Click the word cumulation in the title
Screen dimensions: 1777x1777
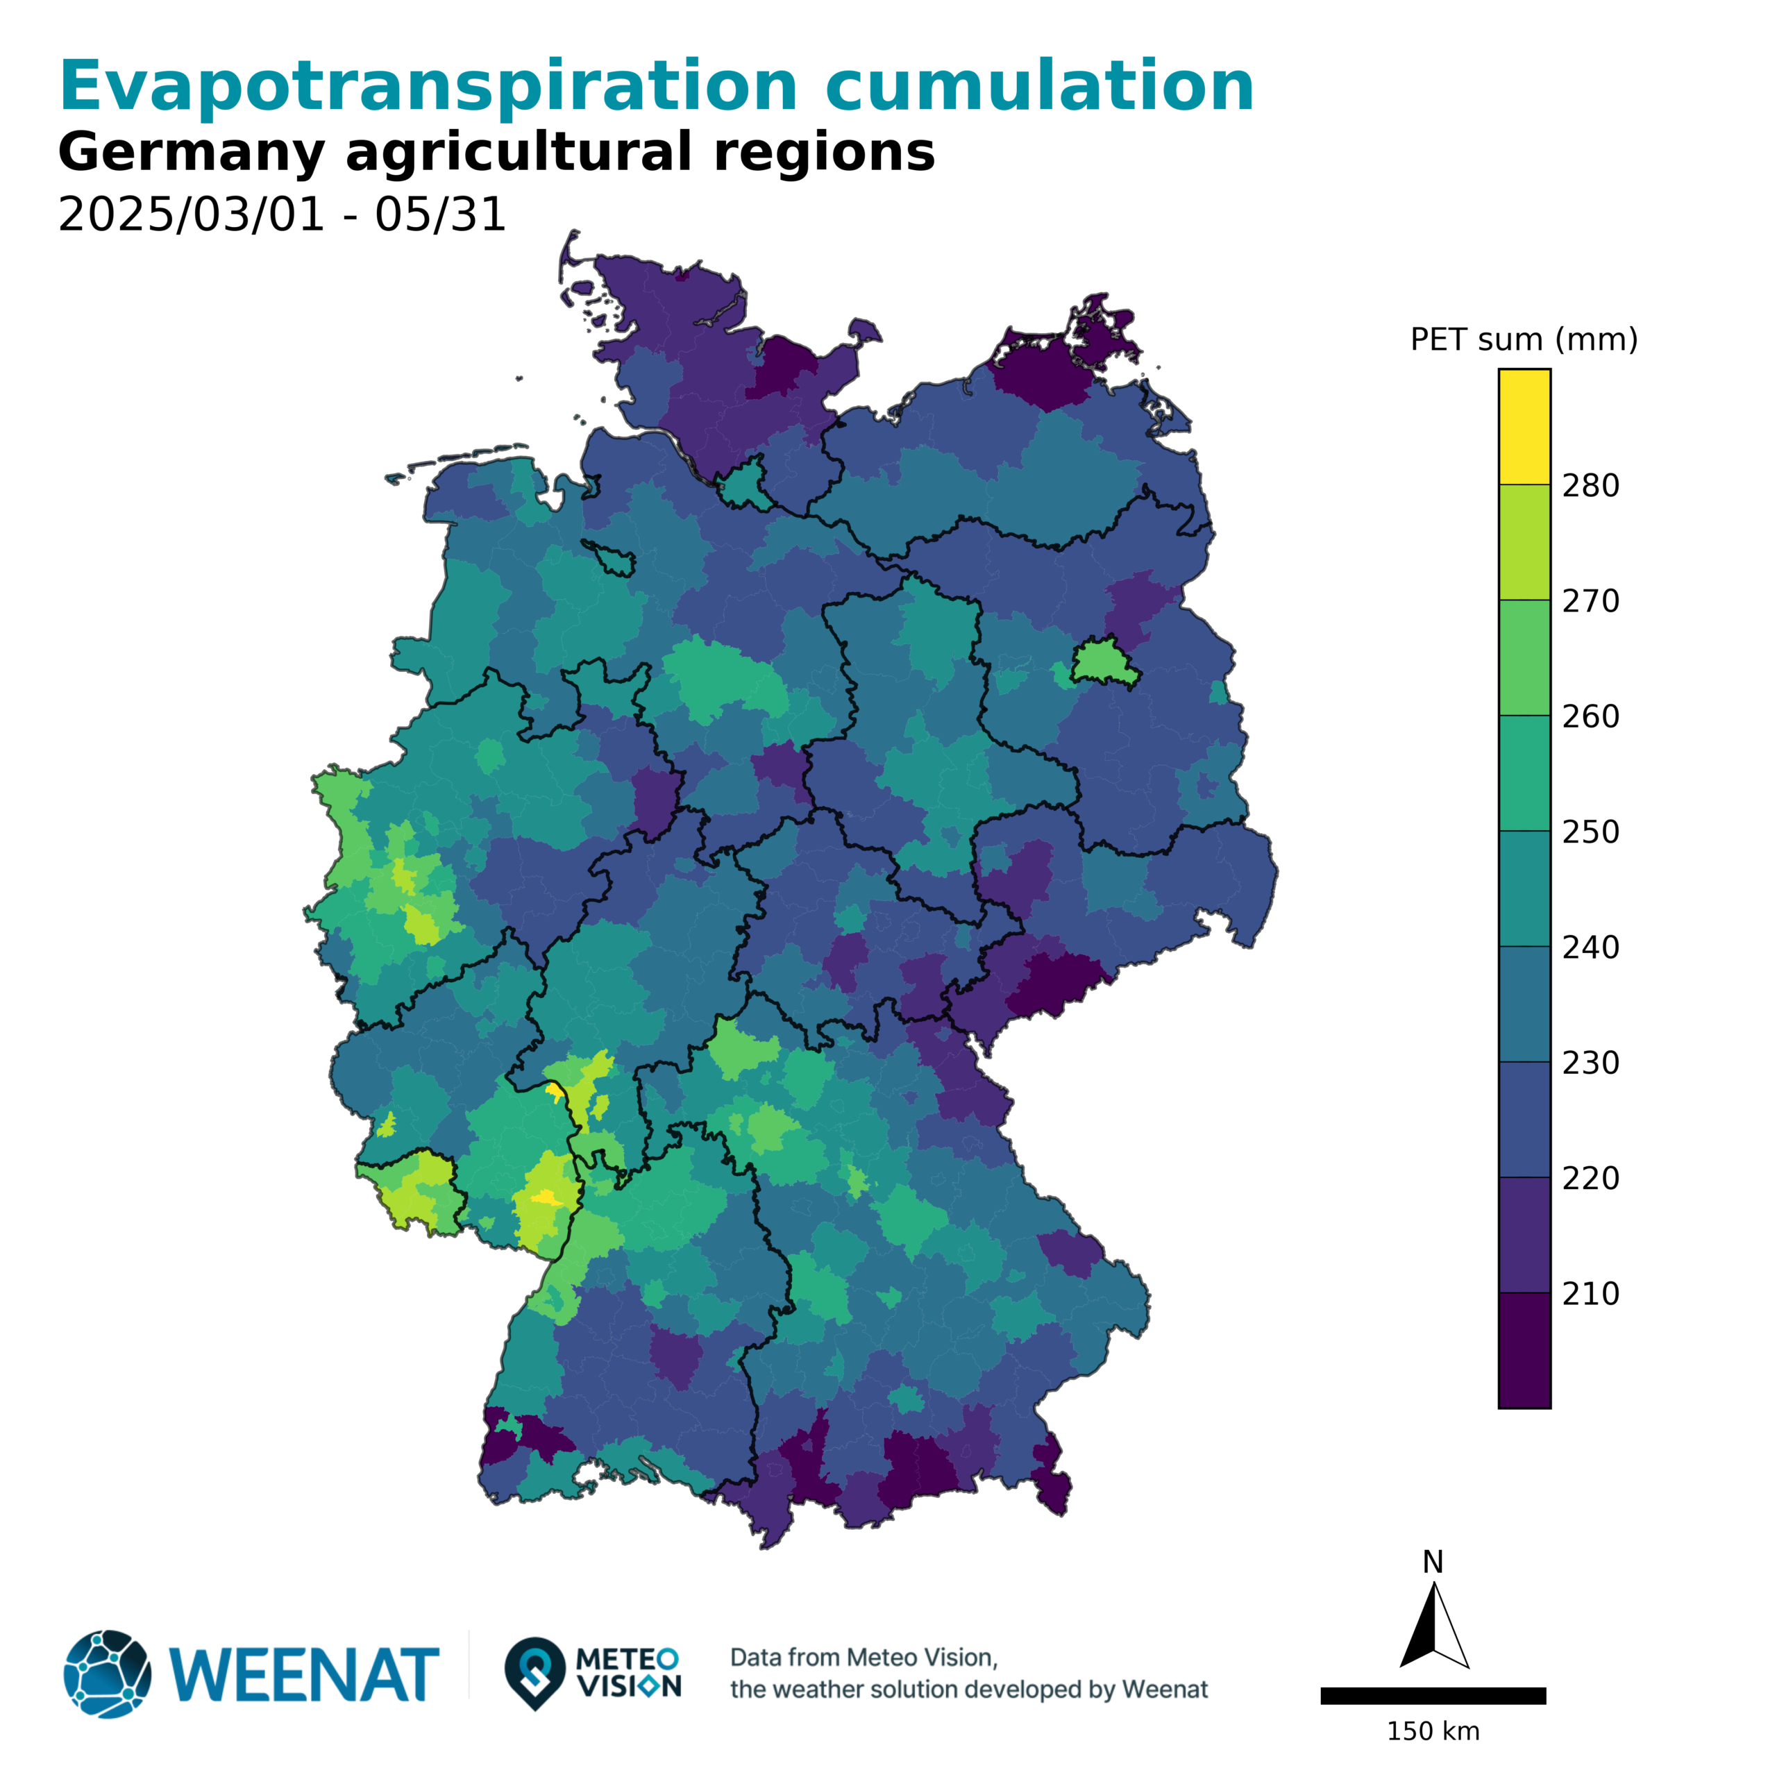coord(1039,87)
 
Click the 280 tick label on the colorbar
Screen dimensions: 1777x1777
coord(1590,486)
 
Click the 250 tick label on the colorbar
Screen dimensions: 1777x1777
coord(1590,832)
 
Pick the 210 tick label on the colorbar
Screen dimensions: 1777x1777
coord(1590,1293)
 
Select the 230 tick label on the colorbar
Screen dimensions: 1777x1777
coord(1590,1062)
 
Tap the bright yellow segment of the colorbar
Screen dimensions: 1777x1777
coord(1524,427)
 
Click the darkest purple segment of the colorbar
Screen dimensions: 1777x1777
coord(1524,1350)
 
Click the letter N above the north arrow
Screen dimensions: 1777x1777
coord(1433,1563)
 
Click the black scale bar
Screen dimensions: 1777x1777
coord(1433,1696)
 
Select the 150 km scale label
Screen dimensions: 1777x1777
coord(1433,1732)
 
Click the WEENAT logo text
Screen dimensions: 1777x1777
coord(303,1675)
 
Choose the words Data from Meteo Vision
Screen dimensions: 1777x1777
coord(864,1658)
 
